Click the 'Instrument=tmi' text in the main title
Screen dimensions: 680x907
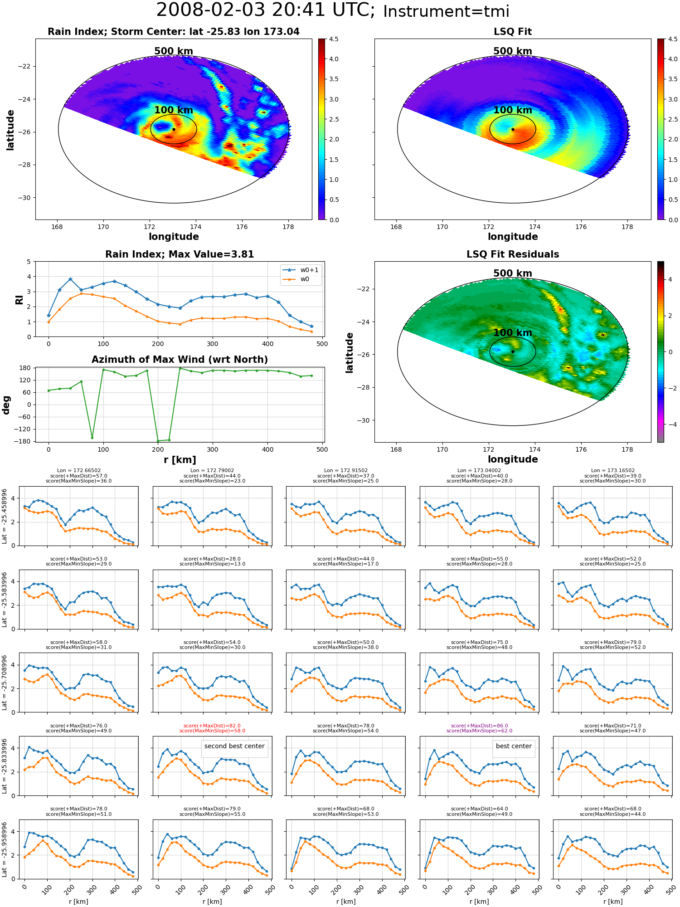446,12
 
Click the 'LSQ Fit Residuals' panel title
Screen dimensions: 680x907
513,254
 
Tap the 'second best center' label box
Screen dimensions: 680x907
234,746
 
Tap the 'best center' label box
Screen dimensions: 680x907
514,746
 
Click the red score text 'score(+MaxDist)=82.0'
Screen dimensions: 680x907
212,726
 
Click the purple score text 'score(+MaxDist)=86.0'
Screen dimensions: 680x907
479,726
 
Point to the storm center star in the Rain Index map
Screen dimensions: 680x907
174,129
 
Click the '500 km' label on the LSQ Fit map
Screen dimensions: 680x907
513,51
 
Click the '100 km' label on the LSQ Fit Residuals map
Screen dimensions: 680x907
513,332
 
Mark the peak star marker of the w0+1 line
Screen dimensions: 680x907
70,279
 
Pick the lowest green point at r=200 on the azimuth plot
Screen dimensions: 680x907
158,441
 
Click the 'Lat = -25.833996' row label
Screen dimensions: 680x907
5,766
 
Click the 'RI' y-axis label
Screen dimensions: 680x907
19,299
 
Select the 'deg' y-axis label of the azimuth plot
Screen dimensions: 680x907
6,405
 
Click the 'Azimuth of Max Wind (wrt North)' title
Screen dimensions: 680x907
180,360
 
